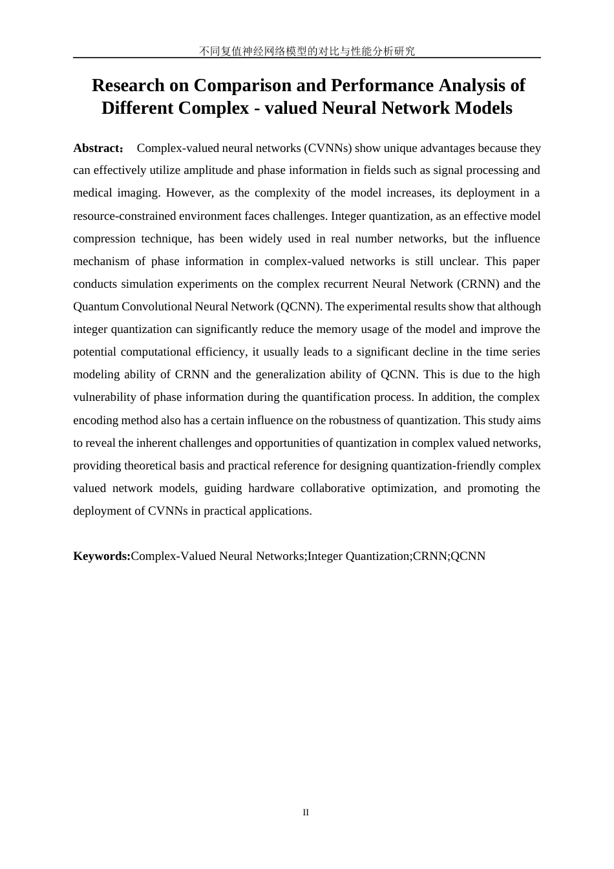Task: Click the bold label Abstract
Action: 97,148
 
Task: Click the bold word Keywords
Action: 101,556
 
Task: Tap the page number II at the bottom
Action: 306,812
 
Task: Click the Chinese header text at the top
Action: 307,51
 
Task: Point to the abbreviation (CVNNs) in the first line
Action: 328,148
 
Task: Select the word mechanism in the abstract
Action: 100,261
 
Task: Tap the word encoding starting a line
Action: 94,420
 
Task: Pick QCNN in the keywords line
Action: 468,556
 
